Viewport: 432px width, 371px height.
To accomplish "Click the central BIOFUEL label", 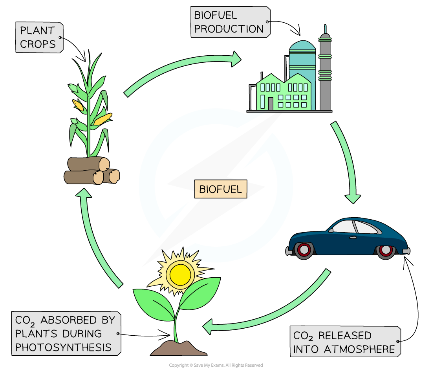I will click(x=220, y=189).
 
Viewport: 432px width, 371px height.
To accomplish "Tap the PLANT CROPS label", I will click(x=38, y=38).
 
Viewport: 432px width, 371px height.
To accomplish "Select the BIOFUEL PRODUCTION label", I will click(x=229, y=22).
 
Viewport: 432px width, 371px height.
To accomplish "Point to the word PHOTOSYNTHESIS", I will click(x=63, y=347).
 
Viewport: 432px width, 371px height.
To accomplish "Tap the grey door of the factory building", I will click(x=271, y=104).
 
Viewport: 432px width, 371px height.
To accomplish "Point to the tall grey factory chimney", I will click(x=325, y=75).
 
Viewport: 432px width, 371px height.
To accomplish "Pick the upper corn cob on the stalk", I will click(x=78, y=105).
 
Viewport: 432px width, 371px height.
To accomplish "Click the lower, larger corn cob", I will click(x=103, y=119).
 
